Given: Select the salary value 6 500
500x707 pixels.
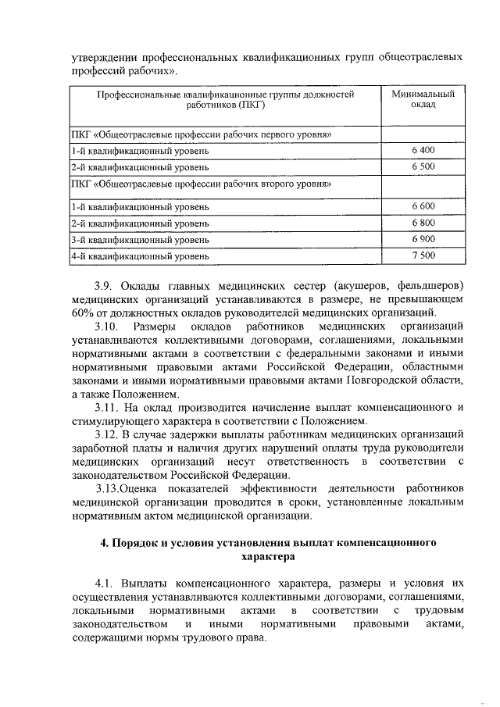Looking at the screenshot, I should click(x=423, y=166).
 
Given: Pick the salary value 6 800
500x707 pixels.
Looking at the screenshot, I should click(x=423, y=223).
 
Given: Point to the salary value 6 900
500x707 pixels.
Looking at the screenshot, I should click(x=423, y=238).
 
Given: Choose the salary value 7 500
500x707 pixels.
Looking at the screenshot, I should click(x=423, y=255).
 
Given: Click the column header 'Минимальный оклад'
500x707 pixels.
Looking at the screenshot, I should click(x=423, y=99).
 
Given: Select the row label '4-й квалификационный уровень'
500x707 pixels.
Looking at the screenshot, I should click(x=140, y=255).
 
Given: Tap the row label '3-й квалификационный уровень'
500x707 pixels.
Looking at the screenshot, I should click(x=140, y=239).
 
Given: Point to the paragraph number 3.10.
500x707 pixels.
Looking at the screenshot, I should click(x=107, y=324).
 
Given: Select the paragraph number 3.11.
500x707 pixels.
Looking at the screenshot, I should click(x=107, y=407).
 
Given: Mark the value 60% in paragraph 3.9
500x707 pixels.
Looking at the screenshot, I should click(x=81, y=311).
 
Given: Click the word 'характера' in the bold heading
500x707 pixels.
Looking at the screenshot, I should click(x=268, y=556).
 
